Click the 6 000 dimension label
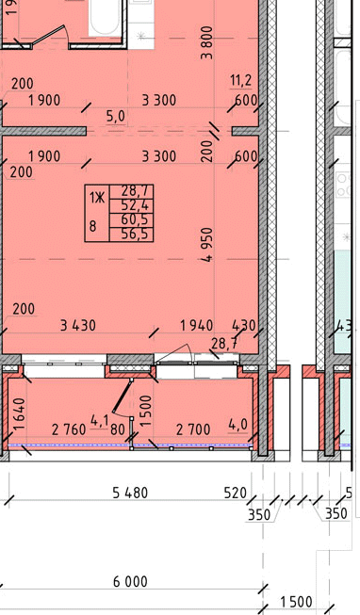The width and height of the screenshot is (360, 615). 130,581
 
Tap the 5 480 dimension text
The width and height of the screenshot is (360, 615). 130,493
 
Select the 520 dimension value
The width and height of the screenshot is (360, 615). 236,493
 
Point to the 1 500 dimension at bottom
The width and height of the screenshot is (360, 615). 296,602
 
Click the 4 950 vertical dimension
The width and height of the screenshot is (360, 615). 207,245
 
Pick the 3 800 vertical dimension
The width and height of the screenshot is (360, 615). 207,42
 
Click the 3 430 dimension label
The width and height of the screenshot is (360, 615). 78,325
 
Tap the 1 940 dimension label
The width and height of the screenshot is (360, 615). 197,325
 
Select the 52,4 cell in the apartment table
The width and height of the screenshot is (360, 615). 132,205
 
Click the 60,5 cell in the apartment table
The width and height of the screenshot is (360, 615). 132,220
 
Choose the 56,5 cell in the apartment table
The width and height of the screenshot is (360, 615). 132,235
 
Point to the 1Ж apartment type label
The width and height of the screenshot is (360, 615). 97,198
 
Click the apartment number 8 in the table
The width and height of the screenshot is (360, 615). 93,226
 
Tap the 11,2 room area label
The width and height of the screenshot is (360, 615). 241,80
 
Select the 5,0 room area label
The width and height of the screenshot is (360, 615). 116,116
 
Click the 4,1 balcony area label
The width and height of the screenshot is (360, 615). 99,422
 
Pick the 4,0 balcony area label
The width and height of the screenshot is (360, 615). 238,424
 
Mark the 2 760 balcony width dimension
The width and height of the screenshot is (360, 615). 69,429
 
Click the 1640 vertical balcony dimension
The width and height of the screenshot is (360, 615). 20,413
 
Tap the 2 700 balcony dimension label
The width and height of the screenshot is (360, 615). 193,429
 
